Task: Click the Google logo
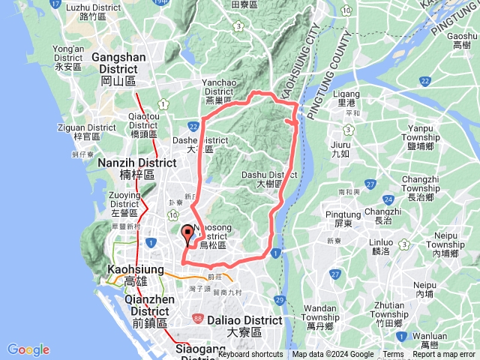28,349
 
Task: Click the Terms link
393,355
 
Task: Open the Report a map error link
444,355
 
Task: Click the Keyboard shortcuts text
250,355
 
